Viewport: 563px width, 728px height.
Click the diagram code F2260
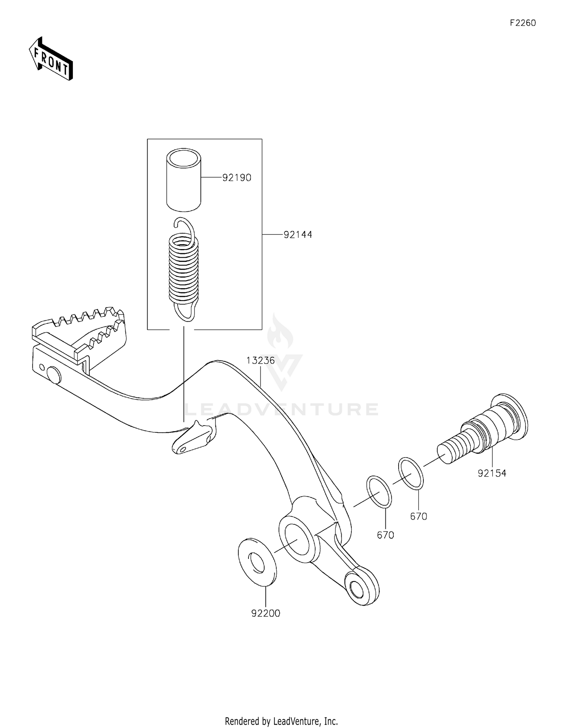pos(522,23)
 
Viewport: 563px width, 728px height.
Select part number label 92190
pos(236,178)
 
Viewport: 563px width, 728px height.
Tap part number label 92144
pos(298,235)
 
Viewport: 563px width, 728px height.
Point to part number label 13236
pos(260,361)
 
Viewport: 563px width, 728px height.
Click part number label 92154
pos(492,473)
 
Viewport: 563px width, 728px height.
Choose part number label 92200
pos(266,613)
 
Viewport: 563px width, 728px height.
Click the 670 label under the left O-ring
pos(385,535)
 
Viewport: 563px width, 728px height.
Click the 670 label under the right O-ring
pos(418,517)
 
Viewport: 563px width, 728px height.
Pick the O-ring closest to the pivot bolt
pos(411,473)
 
